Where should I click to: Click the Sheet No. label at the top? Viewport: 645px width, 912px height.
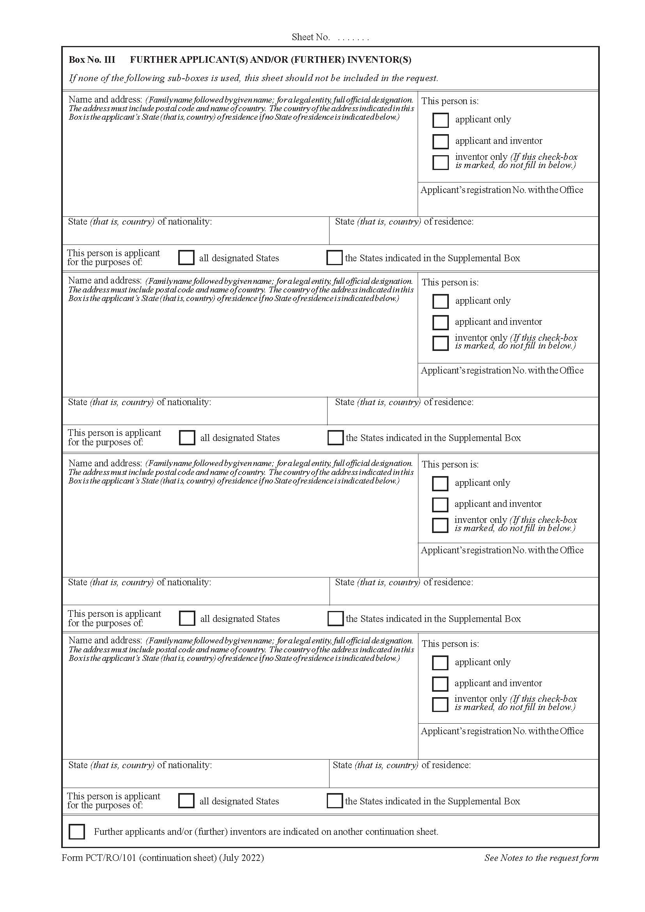point(310,37)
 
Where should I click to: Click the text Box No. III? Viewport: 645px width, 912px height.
point(92,60)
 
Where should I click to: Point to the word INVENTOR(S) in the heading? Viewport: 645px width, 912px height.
point(379,60)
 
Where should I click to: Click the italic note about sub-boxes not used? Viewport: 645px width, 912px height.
point(253,78)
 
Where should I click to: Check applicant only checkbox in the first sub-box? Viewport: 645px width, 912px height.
point(440,120)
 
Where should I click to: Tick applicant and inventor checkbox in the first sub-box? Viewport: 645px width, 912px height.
point(440,141)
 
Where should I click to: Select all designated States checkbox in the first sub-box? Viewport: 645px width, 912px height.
point(186,257)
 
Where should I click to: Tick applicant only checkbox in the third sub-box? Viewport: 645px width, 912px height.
point(439,483)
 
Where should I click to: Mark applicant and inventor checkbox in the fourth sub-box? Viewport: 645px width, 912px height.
point(439,684)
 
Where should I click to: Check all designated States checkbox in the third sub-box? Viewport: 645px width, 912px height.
point(187,618)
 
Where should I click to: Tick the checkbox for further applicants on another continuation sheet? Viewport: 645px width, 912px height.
point(77,831)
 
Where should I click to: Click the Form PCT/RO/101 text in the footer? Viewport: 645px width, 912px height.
point(99,857)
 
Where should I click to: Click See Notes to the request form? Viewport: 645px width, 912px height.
point(541,857)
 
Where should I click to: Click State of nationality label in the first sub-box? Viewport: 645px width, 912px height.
point(140,221)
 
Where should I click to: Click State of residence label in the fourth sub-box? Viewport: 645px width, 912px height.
point(401,765)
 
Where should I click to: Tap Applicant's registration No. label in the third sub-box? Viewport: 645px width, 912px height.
point(502,550)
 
